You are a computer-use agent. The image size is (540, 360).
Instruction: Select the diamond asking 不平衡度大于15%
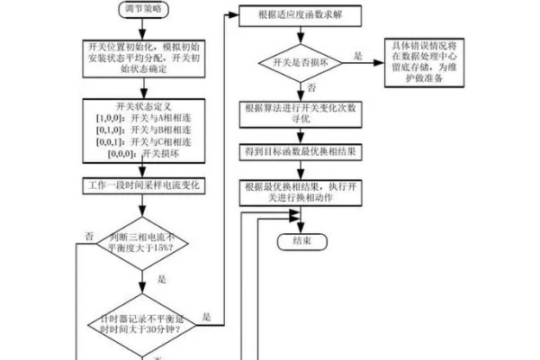143,242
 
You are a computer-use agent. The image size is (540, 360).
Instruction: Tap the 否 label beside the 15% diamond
89,236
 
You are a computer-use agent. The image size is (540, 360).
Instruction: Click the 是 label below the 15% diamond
162,279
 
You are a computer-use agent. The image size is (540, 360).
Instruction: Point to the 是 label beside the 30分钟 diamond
206,316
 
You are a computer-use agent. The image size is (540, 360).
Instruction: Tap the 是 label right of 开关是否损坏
357,56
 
